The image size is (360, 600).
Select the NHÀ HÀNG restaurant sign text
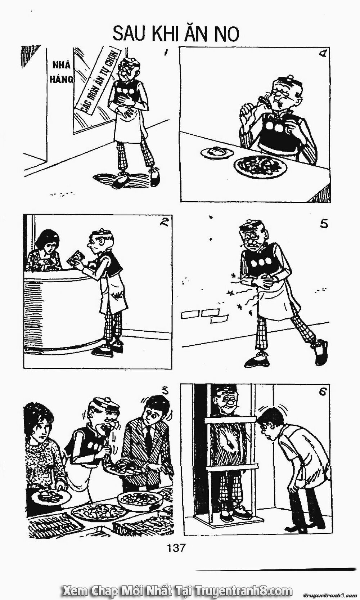(x=61, y=72)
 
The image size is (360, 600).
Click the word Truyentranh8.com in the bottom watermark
(x=244, y=590)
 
